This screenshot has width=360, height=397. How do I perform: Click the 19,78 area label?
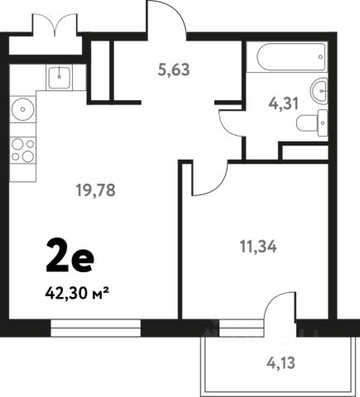coord(95,190)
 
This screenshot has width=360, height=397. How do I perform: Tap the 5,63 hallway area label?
coord(174,69)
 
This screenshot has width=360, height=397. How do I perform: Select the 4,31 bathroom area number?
coord(284,104)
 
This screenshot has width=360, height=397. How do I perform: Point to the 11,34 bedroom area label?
coord(258,246)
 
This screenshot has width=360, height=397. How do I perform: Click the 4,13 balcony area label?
coord(281,363)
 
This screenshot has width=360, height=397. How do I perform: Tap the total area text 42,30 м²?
coord(76,294)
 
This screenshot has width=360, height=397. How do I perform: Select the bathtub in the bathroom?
coord(291,56)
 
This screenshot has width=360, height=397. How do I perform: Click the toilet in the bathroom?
coord(312,122)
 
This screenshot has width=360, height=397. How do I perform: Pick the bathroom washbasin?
coord(319,91)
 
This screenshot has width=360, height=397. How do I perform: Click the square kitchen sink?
coord(59,77)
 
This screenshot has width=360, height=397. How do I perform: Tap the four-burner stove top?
coord(23,151)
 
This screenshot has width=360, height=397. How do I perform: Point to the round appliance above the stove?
coord(23,109)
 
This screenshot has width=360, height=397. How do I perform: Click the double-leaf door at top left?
coord(55,24)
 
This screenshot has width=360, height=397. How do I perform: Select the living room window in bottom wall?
coord(96,328)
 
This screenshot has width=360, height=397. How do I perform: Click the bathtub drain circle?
coord(320,57)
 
